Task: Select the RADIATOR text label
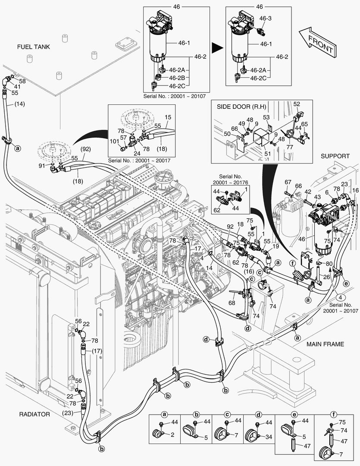35,414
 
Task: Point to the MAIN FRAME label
325,344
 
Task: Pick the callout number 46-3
266,18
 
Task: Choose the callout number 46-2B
177,78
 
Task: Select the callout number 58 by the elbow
22,81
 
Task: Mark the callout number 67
288,182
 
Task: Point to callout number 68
232,302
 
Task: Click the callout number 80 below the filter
329,264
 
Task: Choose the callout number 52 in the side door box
297,104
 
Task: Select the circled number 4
340,297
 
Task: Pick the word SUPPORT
335,156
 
